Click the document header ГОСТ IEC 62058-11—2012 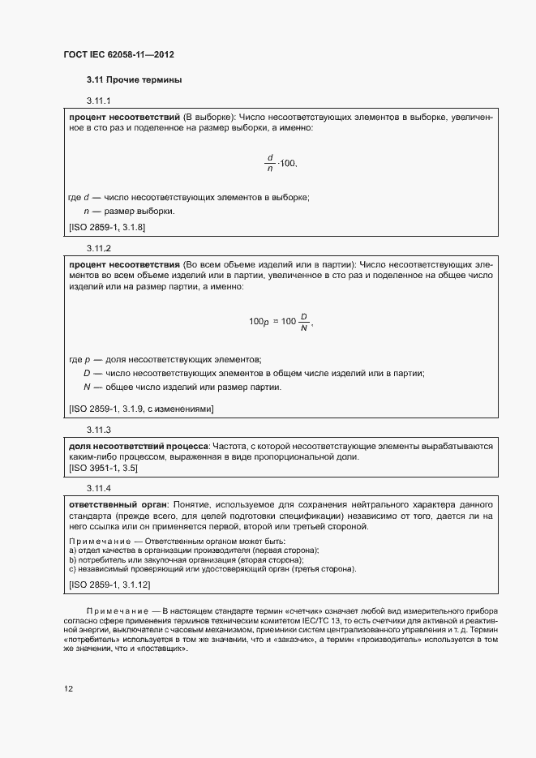point(119,55)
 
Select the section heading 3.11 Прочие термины point(134,80)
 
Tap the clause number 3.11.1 point(98,101)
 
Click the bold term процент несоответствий point(124,118)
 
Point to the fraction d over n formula point(271,164)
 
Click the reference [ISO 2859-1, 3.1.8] point(107,228)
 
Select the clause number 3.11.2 point(98,247)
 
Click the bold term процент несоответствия point(124,264)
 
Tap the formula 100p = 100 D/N point(280,322)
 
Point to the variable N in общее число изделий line point(86,387)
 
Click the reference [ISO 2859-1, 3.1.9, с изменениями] point(141,409)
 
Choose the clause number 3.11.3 point(98,429)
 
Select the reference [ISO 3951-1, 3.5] point(103,469)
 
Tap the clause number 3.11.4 point(98,488)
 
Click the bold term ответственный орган point(115,505)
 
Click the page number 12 point(69,689)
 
